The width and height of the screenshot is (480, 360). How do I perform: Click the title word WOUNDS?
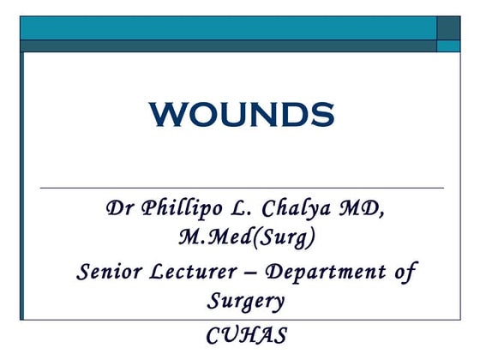coord(240,113)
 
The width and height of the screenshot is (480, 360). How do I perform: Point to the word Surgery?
coord(245,301)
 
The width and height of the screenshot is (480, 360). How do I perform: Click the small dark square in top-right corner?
coord(448,27)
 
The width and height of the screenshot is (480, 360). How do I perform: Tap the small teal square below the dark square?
coord(448,46)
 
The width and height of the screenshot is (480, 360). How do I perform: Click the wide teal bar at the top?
coord(228,27)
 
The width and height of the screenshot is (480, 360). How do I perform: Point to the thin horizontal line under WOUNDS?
coord(242,187)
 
